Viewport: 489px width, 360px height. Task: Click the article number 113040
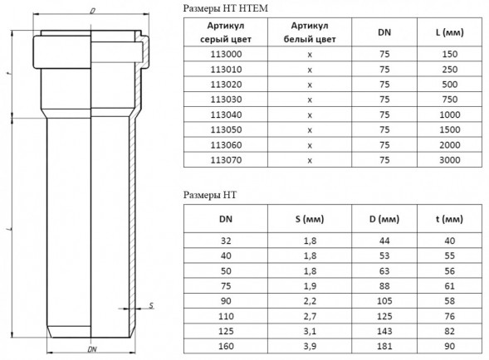tap(226, 114)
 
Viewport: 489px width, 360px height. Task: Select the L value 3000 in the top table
tap(449, 160)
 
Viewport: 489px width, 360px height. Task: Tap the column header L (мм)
tap(449, 32)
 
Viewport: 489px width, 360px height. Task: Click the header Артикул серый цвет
tap(226, 32)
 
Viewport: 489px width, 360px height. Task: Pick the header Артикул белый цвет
tap(310, 32)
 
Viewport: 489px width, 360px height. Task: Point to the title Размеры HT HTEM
tap(225, 8)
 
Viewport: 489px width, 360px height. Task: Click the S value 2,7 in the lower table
tap(310, 316)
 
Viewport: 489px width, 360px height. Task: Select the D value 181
tap(384, 346)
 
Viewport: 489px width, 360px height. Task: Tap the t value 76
tap(449, 316)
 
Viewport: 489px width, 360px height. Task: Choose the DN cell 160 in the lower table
tap(226, 346)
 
